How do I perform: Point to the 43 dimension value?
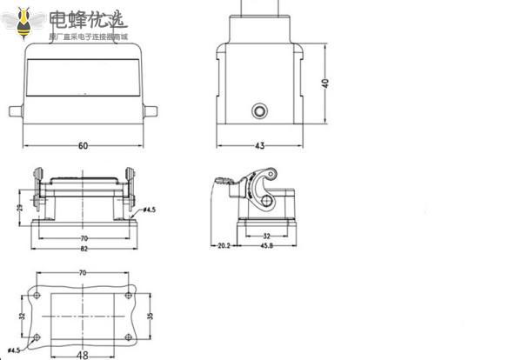click(260, 146)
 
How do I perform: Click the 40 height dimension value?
click(325, 83)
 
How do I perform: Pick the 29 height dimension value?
click(19, 207)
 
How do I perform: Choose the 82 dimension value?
click(84, 250)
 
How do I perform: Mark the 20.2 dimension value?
click(223, 246)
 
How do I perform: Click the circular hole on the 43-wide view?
click(259, 111)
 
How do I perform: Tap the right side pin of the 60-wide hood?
click(152, 112)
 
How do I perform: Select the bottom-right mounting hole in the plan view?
click(128, 337)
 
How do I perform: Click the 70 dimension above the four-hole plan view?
click(83, 274)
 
